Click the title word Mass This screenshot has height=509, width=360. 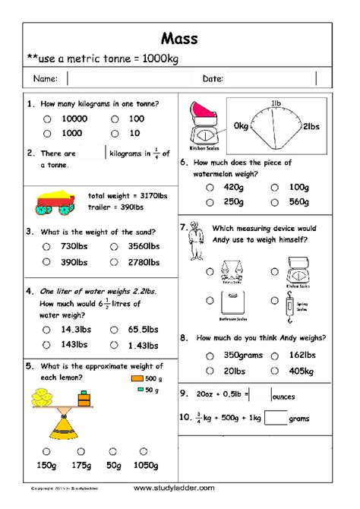pyautogui.click(x=179, y=37)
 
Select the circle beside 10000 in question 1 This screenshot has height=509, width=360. pyautogui.click(x=47, y=119)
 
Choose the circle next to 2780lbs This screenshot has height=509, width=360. pyautogui.click(x=114, y=261)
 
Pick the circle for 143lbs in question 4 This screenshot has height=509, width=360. pyautogui.click(x=47, y=344)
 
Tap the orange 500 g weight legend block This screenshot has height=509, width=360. pyautogui.click(x=137, y=378)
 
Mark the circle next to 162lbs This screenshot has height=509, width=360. pyautogui.click(x=274, y=355)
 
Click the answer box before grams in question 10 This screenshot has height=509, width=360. pyautogui.click(x=276, y=417)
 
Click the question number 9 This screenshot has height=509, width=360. pyautogui.click(x=184, y=394)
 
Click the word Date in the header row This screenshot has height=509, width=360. pyautogui.click(x=211, y=78)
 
